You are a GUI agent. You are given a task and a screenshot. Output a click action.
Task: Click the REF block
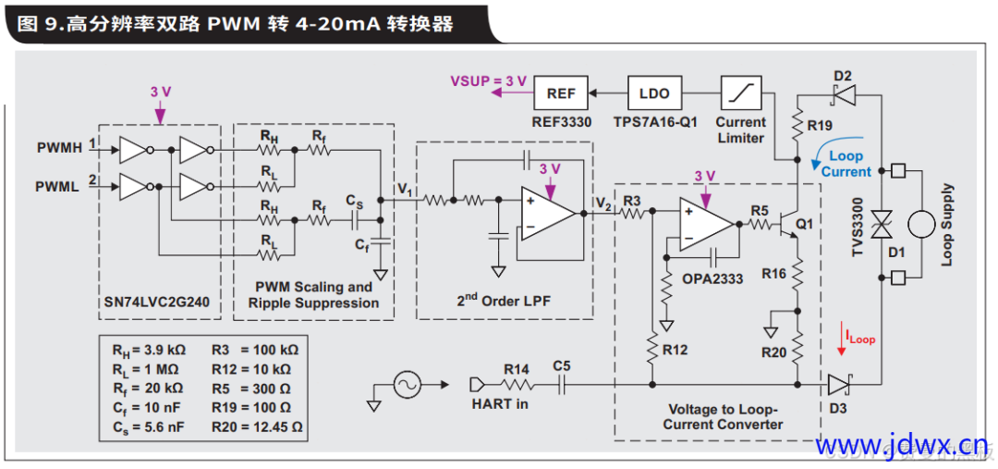(x=560, y=93)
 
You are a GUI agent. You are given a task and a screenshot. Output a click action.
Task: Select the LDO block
(x=654, y=93)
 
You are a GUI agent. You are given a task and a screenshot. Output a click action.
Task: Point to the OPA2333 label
(x=712, y=278)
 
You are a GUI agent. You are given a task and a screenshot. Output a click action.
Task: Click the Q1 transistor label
(x=804, y=223)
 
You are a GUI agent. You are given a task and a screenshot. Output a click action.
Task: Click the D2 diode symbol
(x=842, y=93)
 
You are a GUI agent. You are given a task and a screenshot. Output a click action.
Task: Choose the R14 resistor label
(x=517, y=369)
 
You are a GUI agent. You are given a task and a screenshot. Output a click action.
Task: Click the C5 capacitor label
(x=561, y=366)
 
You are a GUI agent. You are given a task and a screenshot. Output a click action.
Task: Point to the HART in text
(x=499, y=403)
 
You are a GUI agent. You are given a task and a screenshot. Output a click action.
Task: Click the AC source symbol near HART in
(x=408, y=384)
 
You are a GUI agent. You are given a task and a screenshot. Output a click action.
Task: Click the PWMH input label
(x=60, y=147)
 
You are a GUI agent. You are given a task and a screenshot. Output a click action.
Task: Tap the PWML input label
(x=60, y=186)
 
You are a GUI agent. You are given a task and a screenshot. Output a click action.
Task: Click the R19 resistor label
(x=819, y=125)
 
